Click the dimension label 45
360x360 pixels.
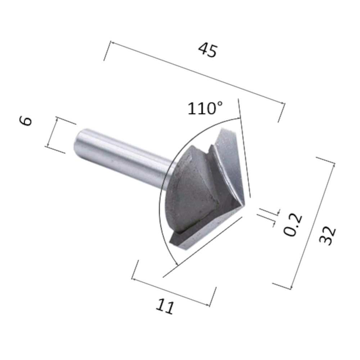(208, 50)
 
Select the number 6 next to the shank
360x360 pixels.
(26, 121)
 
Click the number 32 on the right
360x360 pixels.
(328, 236)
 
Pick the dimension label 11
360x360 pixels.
(165, 307)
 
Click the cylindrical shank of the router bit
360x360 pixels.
(122, 155)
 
